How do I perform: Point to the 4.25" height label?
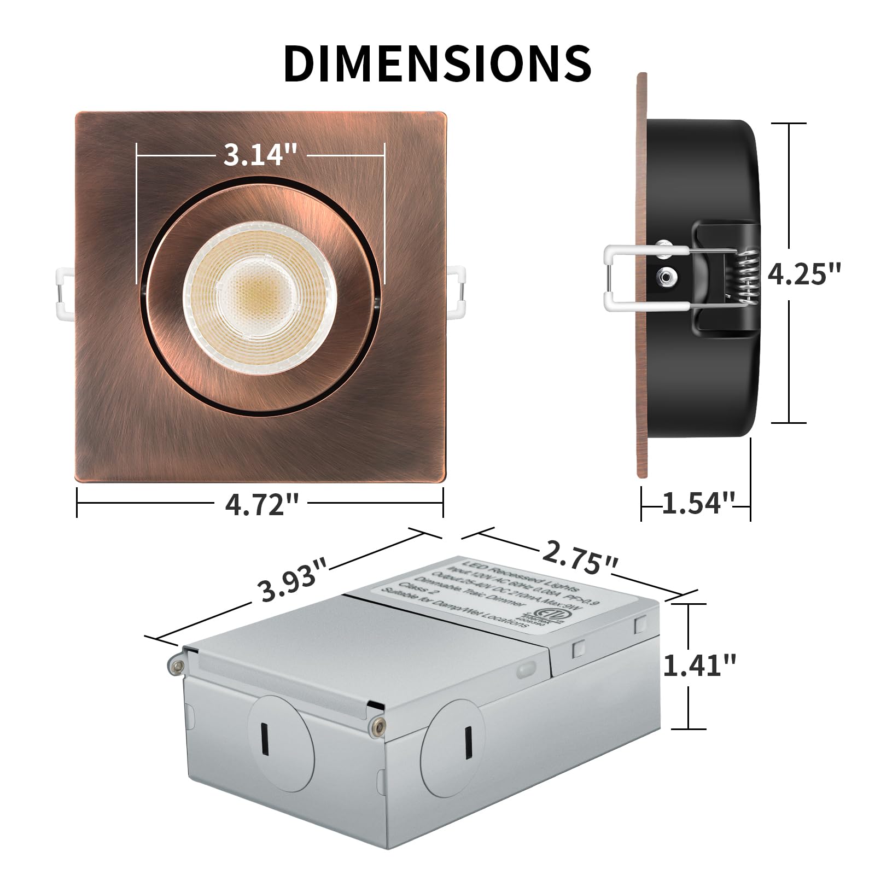pos(803,273)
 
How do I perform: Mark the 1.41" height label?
pos(699,666)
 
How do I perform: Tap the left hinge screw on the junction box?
pos(176,664)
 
